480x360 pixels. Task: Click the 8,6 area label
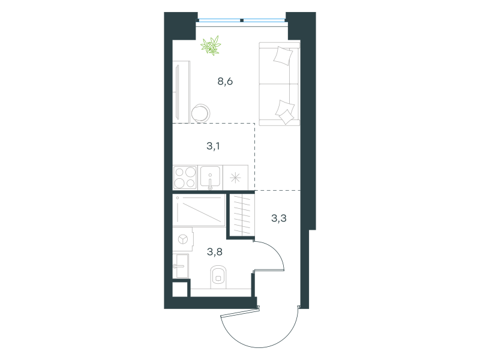point(225,82)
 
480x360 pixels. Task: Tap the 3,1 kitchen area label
point(213,146)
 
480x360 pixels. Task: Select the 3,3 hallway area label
point(279,218)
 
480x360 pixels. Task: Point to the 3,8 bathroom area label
point(215,252)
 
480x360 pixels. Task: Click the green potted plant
point(211,46)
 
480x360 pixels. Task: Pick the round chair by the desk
point(200,113)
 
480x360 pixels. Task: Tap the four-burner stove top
point(185,178)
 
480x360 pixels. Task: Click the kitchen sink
point(211,178)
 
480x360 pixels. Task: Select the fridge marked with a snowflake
point(235,178)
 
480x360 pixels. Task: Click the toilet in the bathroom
point(218,277)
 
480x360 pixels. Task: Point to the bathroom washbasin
point(181,266)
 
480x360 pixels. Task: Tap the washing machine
point(183,239)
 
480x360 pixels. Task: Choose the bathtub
point(199,211)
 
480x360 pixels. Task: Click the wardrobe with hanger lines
point(242,215)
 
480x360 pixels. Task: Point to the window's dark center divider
point(242,20)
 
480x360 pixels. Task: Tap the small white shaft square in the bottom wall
point(179,289)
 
